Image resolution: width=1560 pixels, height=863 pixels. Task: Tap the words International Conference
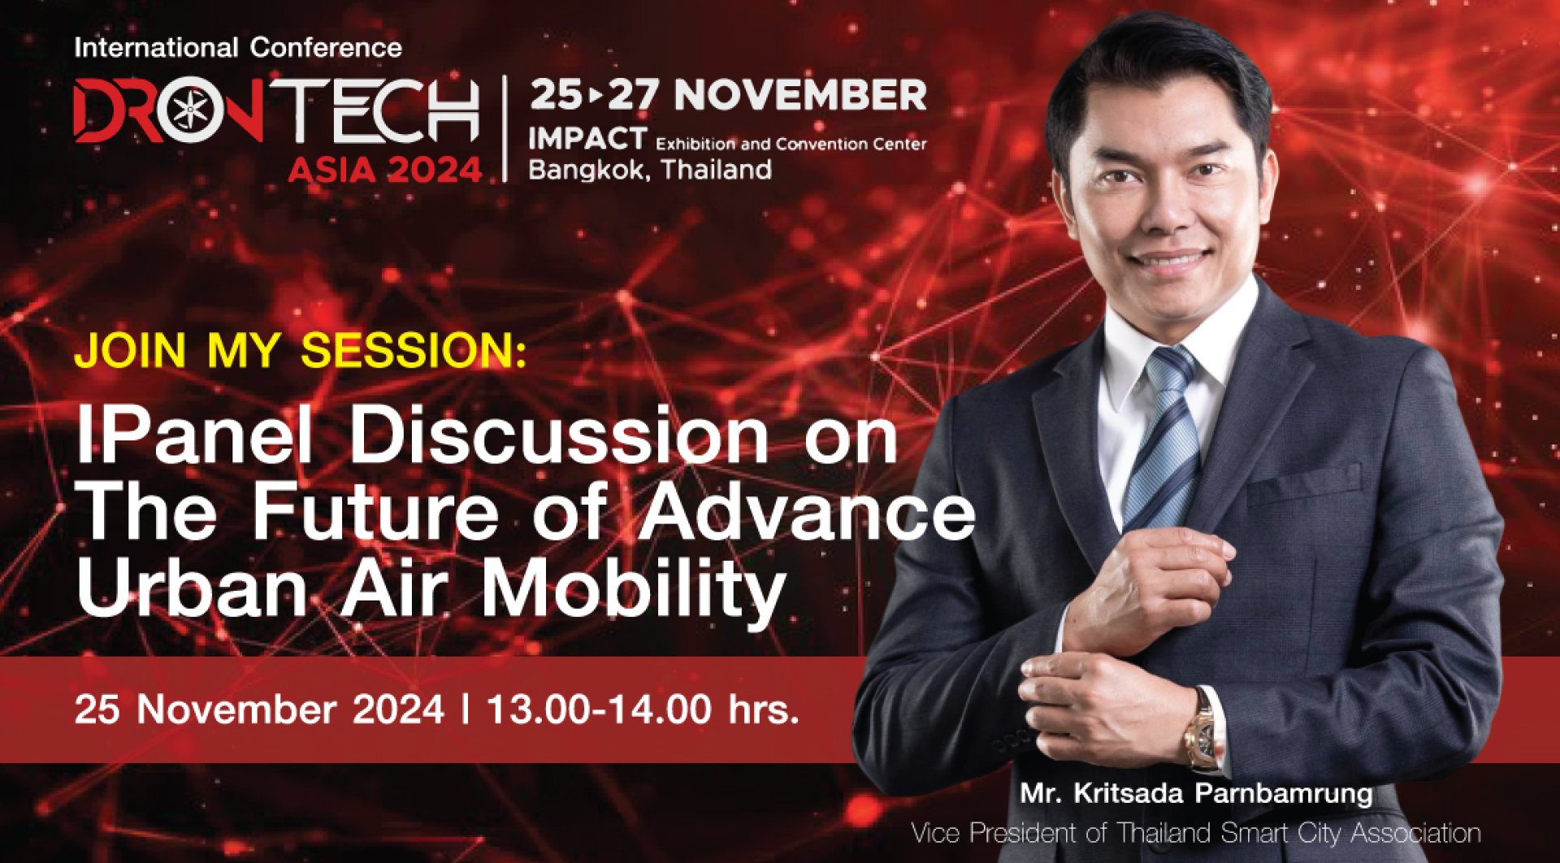click(238, 48)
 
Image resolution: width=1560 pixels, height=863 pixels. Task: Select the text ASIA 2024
click(385, 170)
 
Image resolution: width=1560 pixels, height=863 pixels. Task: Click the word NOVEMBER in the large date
click(800, 95)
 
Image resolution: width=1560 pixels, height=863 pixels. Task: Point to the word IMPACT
click(587, 140)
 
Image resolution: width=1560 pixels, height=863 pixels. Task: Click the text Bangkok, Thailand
click(650, 170)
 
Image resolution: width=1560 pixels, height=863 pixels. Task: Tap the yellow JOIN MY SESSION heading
click(301, 351)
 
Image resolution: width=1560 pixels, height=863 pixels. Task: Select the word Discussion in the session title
click(558, 437)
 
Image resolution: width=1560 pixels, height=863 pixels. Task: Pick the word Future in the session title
click(375, 513)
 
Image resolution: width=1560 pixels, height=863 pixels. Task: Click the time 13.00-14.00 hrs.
click(643, 709)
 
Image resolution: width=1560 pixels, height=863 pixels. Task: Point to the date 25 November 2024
click(259, 709)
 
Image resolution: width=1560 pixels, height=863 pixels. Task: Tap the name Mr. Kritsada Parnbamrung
click(1196, 793)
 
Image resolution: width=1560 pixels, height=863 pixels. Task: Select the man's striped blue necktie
click(1165, 439)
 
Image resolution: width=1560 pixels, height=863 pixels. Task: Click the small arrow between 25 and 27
click(596, 96)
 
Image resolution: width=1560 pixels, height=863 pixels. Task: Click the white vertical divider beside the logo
click(505, 128)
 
